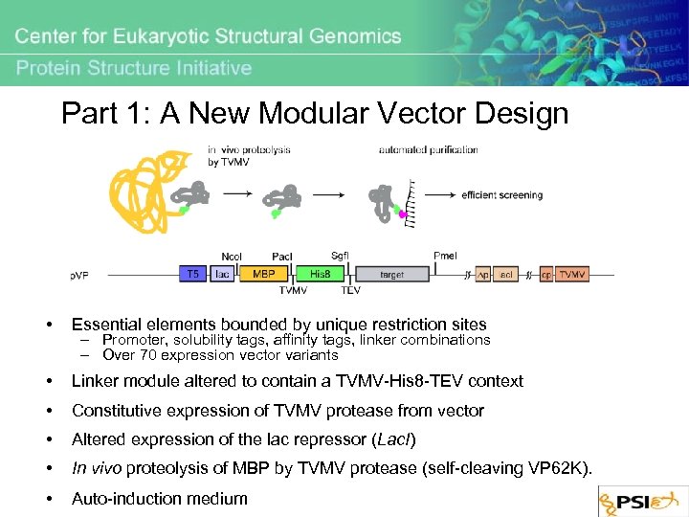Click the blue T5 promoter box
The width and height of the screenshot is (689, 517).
pos(193,274)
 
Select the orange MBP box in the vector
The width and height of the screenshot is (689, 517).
pos(263,274)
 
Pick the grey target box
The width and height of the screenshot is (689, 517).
pos(392,274)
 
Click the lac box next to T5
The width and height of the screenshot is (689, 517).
pos(222,274)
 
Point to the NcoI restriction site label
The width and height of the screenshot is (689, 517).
pos(232,256)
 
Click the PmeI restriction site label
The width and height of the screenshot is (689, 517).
pos(445,256)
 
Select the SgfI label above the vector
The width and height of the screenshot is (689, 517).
pos(341,255)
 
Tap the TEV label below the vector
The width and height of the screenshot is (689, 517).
pos(350,289)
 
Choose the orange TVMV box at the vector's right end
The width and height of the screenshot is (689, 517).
pos(572,274)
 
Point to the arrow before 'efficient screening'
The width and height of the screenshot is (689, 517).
pos(439,195)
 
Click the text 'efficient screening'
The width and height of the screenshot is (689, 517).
pos(501,195)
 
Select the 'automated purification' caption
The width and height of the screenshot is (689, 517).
pos(428,149)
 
